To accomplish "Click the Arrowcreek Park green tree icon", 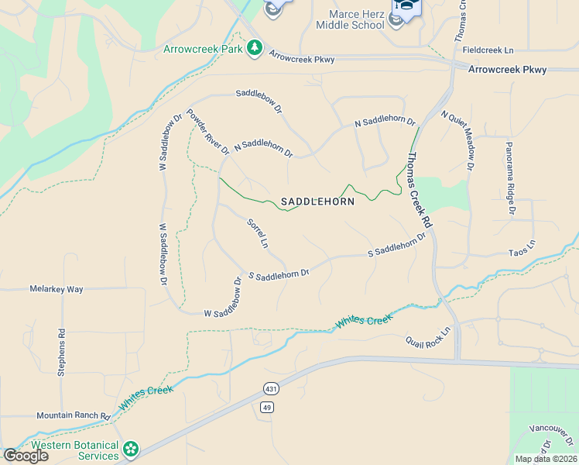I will (x=255, y=49).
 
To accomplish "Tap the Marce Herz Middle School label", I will (x=350, y=19).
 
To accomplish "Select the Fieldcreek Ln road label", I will (x=488, y=50).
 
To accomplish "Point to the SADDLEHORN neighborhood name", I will (x=317, y=201).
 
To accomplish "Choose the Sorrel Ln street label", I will (x=257, y=233).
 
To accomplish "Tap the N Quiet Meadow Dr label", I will (x=458, y=139).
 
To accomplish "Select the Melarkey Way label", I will (x=56, y=289).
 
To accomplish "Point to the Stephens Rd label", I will (x=62, y=353).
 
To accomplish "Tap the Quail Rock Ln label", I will (x=428, y=340).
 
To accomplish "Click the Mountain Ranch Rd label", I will (x=73, y=416).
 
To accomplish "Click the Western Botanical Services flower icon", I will (x=131, y=449).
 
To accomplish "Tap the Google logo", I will (x=26, y=456).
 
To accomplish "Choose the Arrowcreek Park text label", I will (x=202, y=49).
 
